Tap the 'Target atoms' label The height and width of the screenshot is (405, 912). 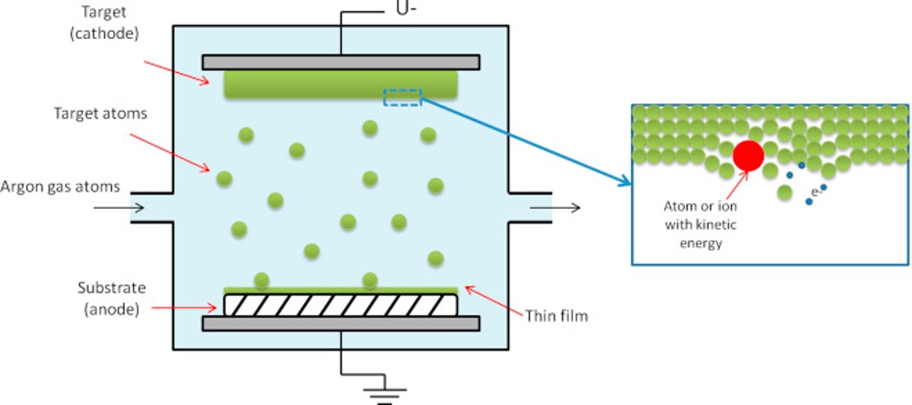[101, 114]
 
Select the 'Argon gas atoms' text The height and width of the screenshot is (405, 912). [60, 186]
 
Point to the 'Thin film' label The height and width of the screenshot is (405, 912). [557, 316]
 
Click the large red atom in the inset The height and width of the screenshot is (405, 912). [748, 155]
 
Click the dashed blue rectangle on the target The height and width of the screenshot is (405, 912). [402, 97]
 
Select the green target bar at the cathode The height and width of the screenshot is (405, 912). [341, 85]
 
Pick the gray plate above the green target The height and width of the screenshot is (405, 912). [341, 62]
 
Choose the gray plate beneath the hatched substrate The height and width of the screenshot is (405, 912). [341, 323]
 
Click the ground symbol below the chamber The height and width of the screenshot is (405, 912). [384, 395]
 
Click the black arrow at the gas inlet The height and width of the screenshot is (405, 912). [120, 208]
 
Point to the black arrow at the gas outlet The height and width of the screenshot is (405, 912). [556, 208]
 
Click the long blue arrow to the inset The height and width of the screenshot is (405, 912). [526, 142]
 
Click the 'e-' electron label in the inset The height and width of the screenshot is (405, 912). [815, 190]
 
